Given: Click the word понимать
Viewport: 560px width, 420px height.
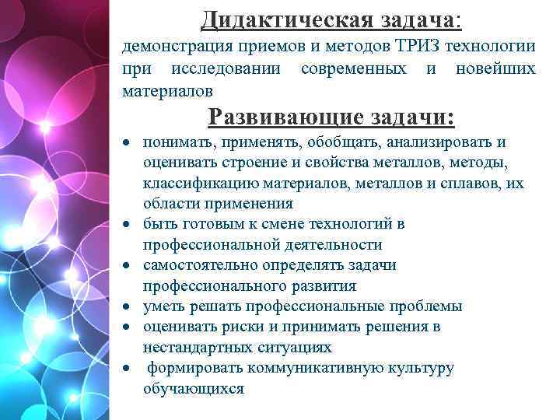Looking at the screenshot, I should tap(179, 142).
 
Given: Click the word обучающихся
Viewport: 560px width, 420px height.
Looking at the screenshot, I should tap(193, 388).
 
